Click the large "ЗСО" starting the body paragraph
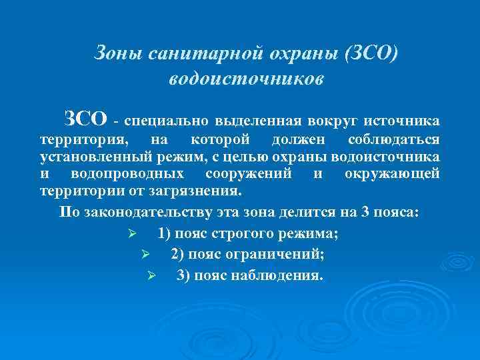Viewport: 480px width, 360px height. (x=85, y=119)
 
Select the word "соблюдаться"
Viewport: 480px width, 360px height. (x=393, y=140)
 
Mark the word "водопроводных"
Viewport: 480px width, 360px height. (x=127, y=173)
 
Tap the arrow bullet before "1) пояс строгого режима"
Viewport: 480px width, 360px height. (x=132, y=234)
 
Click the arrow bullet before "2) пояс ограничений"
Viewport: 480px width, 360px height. (x=145, y=255)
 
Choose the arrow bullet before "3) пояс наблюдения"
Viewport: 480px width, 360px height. (x=151, y=275)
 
